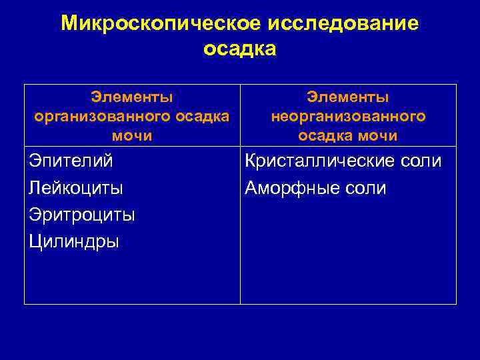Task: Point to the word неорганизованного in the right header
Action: [348, 116]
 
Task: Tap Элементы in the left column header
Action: [132, 97]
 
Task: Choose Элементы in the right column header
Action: [348, 97]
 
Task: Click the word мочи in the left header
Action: [132, 135]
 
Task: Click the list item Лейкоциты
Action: [76, 188]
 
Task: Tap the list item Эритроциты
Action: [82, 215]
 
